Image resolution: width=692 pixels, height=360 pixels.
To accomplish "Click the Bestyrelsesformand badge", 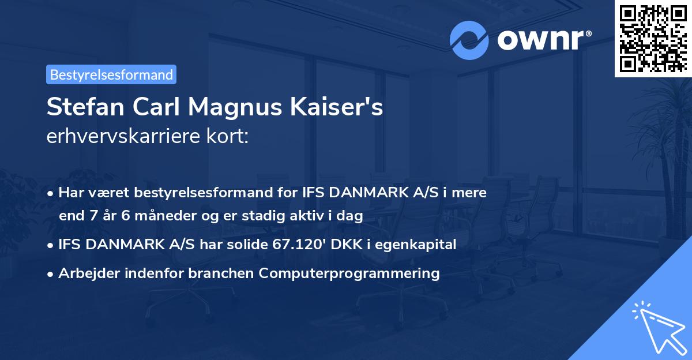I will pyautogui.click(x=111, y=74).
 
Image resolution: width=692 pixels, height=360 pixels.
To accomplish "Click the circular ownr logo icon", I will pyautogui.click(x=469, y=40).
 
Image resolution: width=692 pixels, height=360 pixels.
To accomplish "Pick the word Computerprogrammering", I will pyautogui.click(x=349, y=273).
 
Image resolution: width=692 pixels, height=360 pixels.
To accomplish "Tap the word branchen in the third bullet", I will pyautogui.click(x=230, y=273).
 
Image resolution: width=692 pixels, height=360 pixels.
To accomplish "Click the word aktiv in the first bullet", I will pyautogui.click(x=316, y=216).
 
